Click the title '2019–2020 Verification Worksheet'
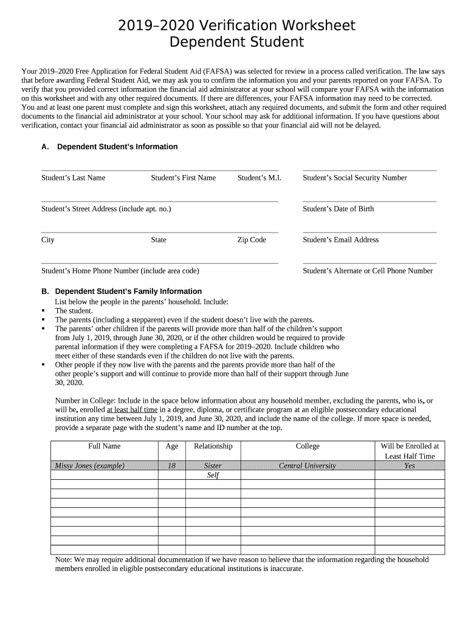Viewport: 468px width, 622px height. pos(236,26)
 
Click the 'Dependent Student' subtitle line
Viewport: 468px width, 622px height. pos(236,43)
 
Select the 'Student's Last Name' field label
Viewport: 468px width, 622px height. pos(73,178)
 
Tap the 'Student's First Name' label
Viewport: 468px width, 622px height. pos(183,178)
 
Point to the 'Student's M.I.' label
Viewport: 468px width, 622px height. pos(258,178)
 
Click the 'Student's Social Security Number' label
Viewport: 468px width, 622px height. pos(354,178)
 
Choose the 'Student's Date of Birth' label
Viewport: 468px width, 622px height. pos(338,209)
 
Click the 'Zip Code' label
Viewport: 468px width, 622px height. pos(252,240)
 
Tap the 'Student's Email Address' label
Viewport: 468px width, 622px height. pos(340,240)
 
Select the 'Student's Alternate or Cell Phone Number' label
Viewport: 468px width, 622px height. pos(368,271)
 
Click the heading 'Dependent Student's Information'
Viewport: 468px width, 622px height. pos(117,147)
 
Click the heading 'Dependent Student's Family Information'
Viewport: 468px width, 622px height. pos(128,292)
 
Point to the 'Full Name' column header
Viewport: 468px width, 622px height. pos(105,446)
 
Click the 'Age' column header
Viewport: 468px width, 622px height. pos(172,446)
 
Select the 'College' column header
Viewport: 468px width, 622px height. pos(308,446)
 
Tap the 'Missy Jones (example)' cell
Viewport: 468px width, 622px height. pos(89,466)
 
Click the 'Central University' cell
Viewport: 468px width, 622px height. pos(307,466)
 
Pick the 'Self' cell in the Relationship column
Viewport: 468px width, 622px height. pos(213,476)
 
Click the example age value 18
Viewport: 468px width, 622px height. pos(172,466)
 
